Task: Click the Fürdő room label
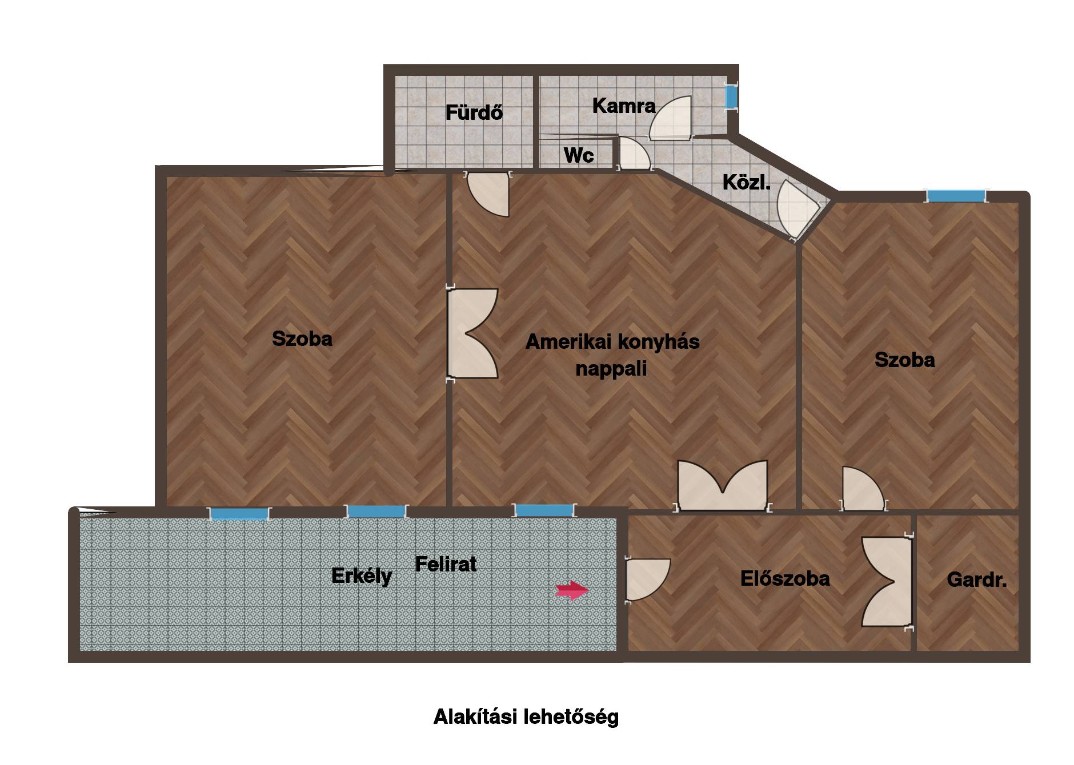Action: [x=474, y=112]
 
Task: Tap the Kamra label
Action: [x=624, y=106]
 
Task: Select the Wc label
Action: [x=579, y=155]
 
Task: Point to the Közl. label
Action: [x=746, y=183]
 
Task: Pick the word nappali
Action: [x=611, y=369]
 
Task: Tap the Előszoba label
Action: [x=785, y=579]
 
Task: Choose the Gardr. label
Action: [x=976, y=580]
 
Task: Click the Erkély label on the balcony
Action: [x=362, y=576]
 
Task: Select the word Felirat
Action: [x=446, y=564]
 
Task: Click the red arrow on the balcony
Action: [x=572, y=591]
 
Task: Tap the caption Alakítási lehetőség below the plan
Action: [x=526, y=717]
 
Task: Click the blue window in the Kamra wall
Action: [x=731, y=96]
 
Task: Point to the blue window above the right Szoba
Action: [x=956, y=196]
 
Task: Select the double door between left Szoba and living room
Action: [x=472, y=333]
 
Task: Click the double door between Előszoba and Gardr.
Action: [x=887, y=582]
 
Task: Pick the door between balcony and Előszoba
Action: [x=647, y=579]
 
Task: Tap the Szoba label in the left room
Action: [x=302, y=339]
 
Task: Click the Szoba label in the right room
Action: [x=905, y=360]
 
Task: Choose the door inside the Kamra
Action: [x=671, y=118]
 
